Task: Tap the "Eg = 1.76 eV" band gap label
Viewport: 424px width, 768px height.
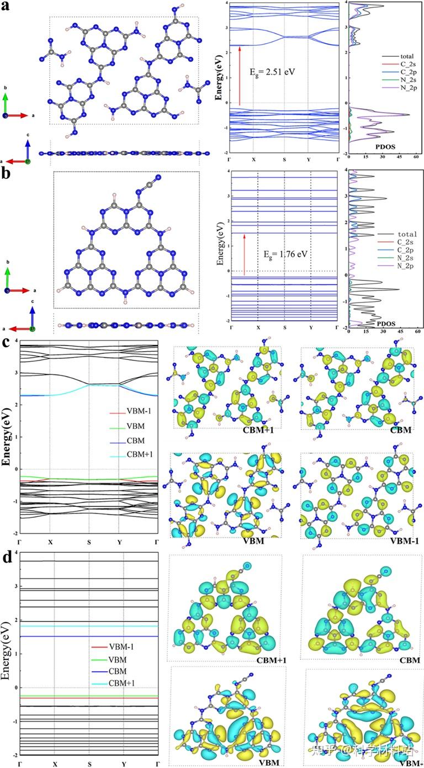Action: [287, 256]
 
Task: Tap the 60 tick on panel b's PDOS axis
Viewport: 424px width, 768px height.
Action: [418, 333]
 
